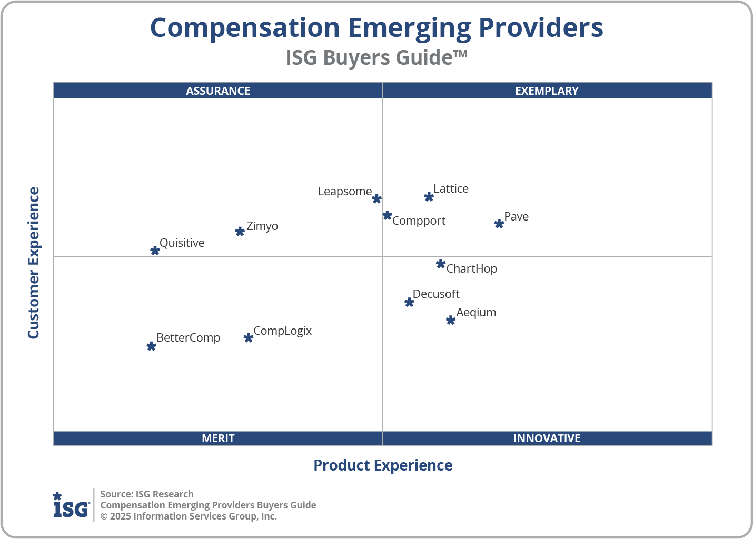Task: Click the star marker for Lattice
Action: pyautogui.click(x=429, y=197)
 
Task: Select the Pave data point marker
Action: pyautogui.click(x=499, y=224)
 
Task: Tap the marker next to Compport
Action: pyautogui.click(x=387, y=215)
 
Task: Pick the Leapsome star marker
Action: pyautogui.click(x=376, y=199)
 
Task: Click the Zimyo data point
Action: pyautogui.click(x=240, y=232)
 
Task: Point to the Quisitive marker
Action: pyautogui.click(x=155, y=251)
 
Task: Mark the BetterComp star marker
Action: pyautogui.click(x=151, y=346)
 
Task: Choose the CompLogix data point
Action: pyautogui.click(x=249, y=338)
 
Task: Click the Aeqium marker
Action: pyautogui.click(x=451, y=320)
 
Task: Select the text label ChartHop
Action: pyautogui.click(x=471, y=269)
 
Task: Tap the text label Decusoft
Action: pyautogui.click(x=436, y=294)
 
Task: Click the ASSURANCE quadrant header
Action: pyautogui.click(x=218, y=91)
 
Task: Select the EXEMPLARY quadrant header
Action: pyautogui.click(x=547, y=91)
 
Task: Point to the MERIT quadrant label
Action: pyautogui.click(x=218, y=438)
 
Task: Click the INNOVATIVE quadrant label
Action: pyautogui.click(x=547, y=438)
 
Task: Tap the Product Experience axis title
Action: pyautogui.click(x=383, y=465)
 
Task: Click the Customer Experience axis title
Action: pyautogui.click(x=34, y=263)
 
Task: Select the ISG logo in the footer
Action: pyautogui.click(x=71, y=505)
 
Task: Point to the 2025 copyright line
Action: pyautogui.click(x=189, y=516)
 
